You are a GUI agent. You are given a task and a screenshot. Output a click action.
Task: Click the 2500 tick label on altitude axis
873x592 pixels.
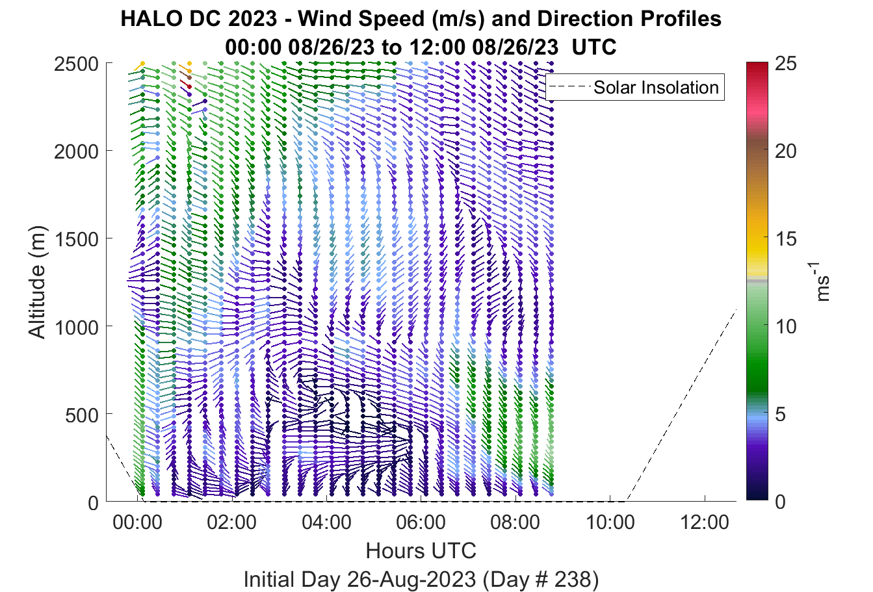tap(76, 64)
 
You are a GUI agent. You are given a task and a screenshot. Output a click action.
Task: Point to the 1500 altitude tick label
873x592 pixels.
tap(77, 239)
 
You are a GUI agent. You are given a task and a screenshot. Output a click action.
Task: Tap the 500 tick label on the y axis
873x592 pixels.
tap(82, 415)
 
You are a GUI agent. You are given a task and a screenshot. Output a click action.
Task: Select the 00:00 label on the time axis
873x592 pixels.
tap(137, 522)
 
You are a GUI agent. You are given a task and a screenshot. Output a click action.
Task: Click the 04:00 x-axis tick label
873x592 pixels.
tap(326, 522)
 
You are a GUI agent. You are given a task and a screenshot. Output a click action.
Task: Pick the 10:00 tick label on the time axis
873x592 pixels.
tap(610, 522)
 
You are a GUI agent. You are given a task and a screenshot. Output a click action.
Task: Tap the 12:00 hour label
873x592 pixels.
tap(705, 522)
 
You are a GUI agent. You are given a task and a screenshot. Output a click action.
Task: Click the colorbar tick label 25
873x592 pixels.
tap(786, 64)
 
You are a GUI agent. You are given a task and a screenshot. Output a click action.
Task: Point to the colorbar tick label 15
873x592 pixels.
tap(786, 238)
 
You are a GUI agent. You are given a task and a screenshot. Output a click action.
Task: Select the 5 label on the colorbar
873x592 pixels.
tap(780, 415)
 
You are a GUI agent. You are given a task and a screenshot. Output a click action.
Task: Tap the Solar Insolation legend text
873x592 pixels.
tap(656, 87)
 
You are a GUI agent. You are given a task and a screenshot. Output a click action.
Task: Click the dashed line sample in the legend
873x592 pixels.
tap(569, 87)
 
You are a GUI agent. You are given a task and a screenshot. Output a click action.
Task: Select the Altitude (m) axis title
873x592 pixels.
tap(37, 282)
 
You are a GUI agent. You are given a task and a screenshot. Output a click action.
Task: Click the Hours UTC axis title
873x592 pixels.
tap(421, 550)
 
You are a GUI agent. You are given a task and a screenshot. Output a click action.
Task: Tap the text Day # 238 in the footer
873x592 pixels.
tap(538, 580)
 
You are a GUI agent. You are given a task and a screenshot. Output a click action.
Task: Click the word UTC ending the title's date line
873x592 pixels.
tap(594, 47)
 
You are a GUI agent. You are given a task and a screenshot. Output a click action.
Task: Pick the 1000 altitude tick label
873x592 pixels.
tap(77, 328)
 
